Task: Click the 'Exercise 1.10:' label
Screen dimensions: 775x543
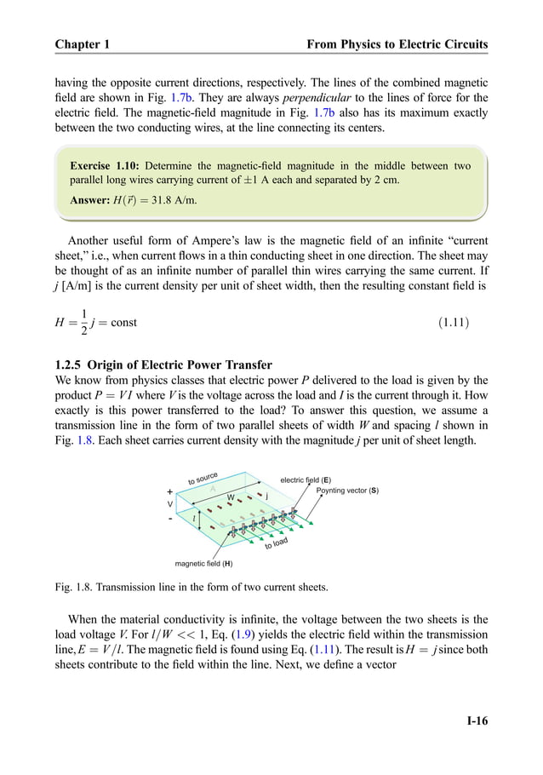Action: (106, 166)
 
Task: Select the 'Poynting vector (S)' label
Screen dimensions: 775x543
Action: (347, 491)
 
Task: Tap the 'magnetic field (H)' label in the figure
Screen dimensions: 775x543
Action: (203, 563)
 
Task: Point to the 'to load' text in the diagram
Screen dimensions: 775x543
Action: (277, 542)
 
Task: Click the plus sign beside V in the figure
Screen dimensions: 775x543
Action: (169, 491)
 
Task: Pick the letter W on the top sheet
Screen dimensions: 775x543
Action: (230, 497)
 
